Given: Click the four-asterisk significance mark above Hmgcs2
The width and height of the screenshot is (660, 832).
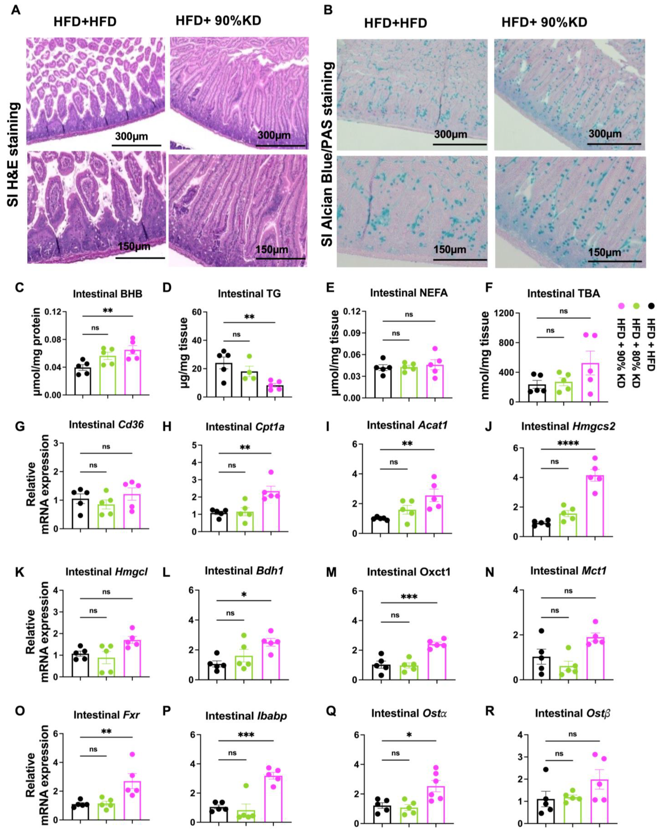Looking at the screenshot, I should click(568, 444).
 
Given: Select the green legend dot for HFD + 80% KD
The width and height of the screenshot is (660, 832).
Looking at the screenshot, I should click(636, 306).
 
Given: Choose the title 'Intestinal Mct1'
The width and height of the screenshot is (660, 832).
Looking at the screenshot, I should click(568, 571).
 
